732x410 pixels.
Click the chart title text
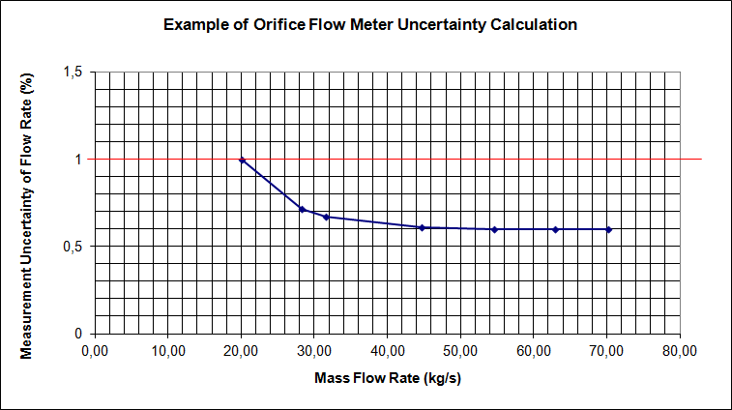(x=370, y=25)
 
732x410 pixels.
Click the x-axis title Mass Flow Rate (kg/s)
(x=388, y=377)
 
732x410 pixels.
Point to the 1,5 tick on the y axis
(x=73, y=73)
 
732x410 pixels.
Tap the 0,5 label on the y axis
(x=73, y=247)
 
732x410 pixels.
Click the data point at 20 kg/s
(x=242, y=160)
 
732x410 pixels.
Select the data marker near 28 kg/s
(x=303, y=209)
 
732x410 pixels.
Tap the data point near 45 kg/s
(x=422, y=227)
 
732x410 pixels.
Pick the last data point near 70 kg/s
(x=608, y=229)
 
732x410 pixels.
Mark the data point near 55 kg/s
(x=494, y=229)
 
